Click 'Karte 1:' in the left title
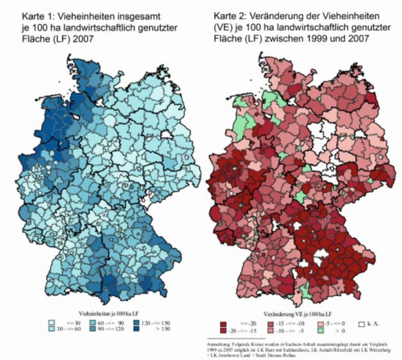tap(23, 14)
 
